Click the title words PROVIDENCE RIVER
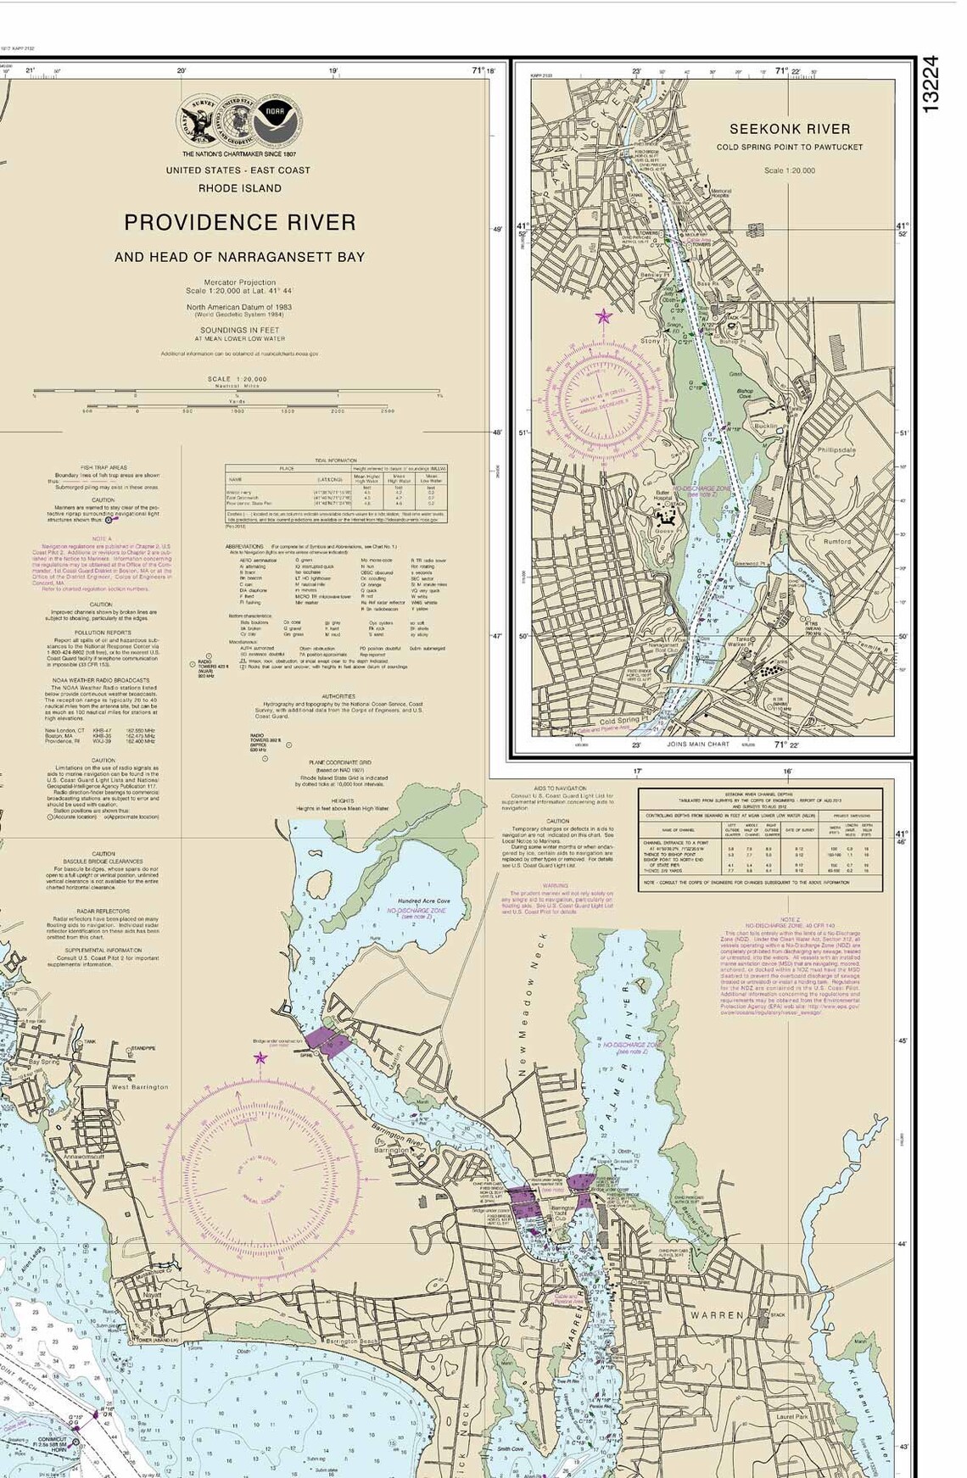pyautogui.click(x=240, y=222)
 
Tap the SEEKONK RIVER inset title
pyautogui.click(x=789, y=129)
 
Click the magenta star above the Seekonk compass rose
pyautogui.click(x=603, y=317)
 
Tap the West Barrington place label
pyautogui.click(x=140, y=1086)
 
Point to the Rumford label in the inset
pyautogui.click(x=837, y=541)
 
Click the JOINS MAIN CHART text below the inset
pyautogui.click(x=699, y=745)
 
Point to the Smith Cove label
pyautogui.click(x=510, y=1449)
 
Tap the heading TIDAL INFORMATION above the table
pyautogui.click(x=336, y=460)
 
